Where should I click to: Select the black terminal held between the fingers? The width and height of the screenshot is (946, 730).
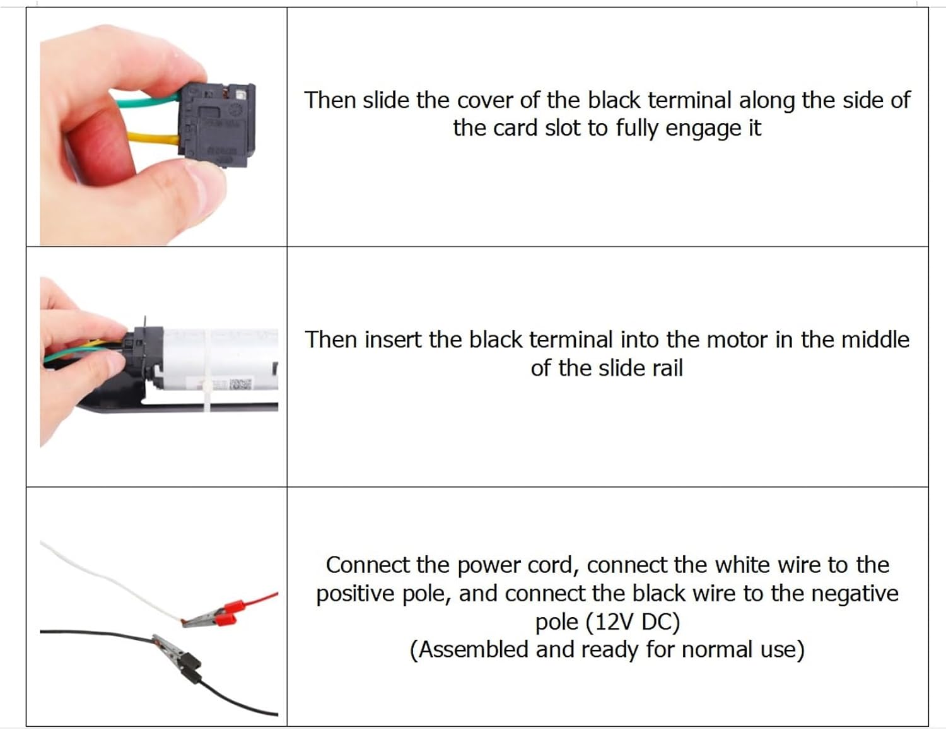(216, 126)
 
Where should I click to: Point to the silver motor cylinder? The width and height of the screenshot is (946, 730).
(220, 359)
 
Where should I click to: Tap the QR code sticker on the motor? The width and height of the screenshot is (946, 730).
(240, 385)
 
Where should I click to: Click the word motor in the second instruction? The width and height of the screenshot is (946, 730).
(737, 340)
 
